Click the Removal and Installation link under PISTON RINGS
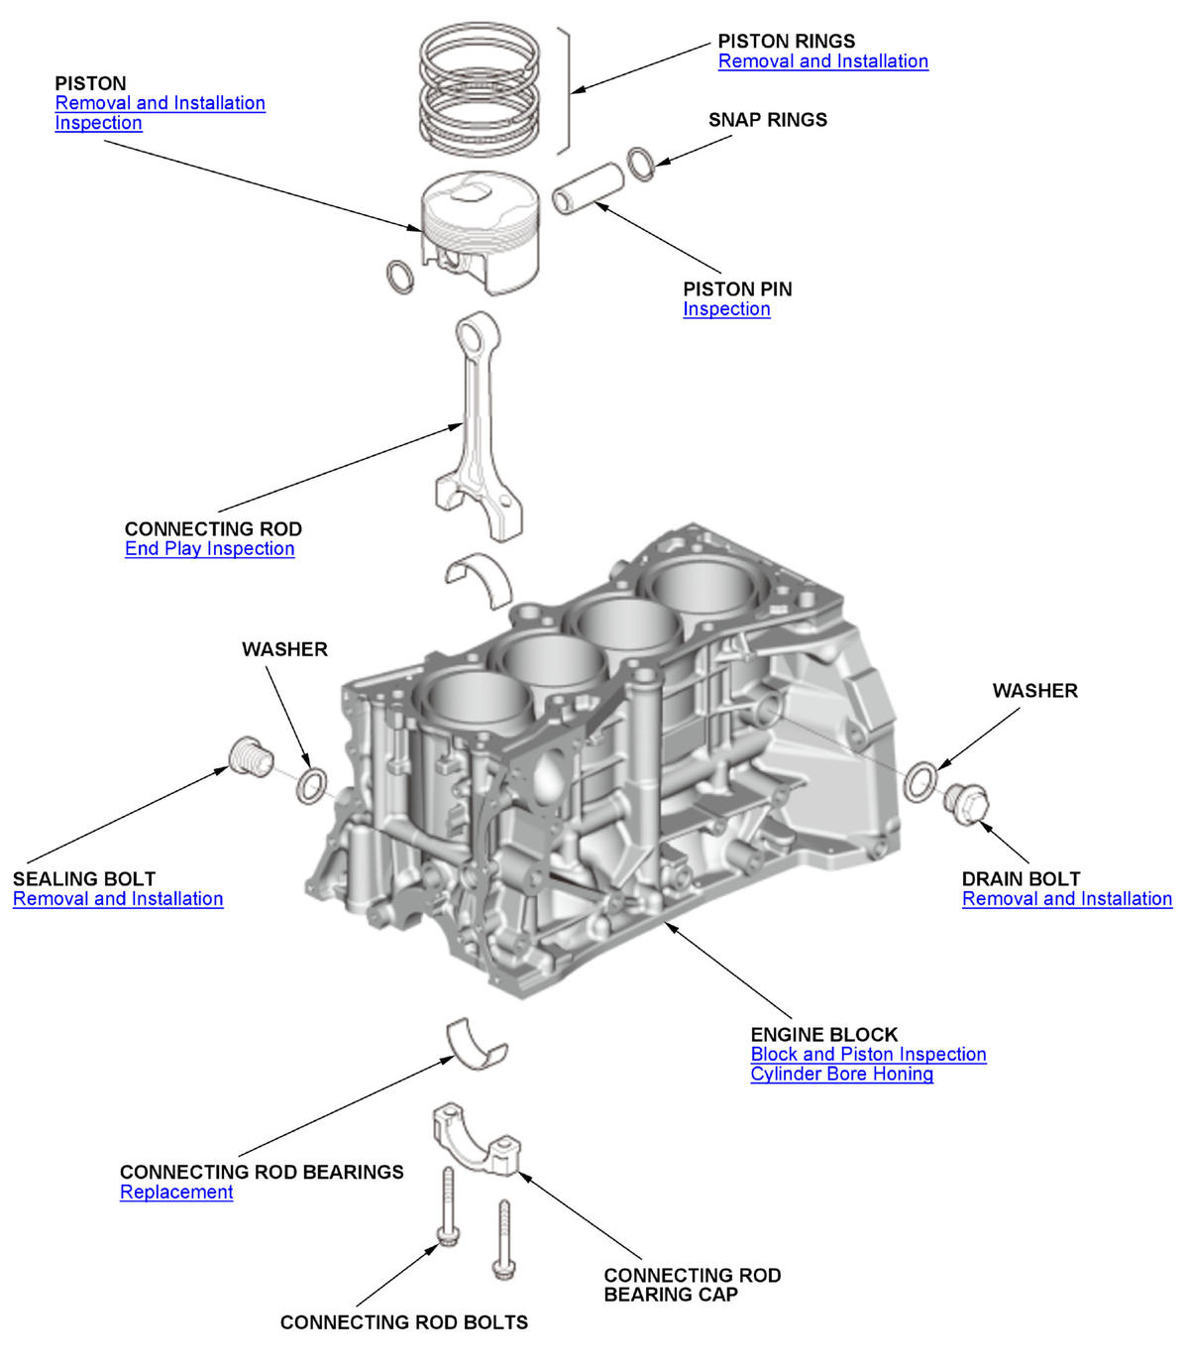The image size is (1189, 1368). tap(822, 61)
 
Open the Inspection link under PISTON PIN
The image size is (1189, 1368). tap(726, 309)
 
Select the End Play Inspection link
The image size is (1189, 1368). tap(209, 549)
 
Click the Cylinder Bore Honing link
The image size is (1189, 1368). tap(841, 1075)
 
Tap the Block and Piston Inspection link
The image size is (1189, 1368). tap(868, 1055)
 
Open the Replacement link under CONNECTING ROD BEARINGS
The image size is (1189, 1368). tap(176, 1193)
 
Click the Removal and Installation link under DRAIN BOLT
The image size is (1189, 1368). tap(1066, 899)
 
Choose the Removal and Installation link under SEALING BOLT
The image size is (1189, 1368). tap(118, 899)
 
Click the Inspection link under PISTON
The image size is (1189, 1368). tap(98, 123)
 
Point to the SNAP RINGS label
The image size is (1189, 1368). tap(767, 120)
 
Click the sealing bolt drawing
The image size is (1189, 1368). tap(250, 757)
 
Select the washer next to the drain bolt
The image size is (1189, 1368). tap(920, 781)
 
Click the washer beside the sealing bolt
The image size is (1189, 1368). tap(312, 785)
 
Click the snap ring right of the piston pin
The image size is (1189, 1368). tap(641, 164)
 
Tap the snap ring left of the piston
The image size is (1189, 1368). tap(399, 277)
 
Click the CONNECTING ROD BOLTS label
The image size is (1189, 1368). tap(403, 1322)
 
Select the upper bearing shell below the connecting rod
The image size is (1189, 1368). tap(480, 578)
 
